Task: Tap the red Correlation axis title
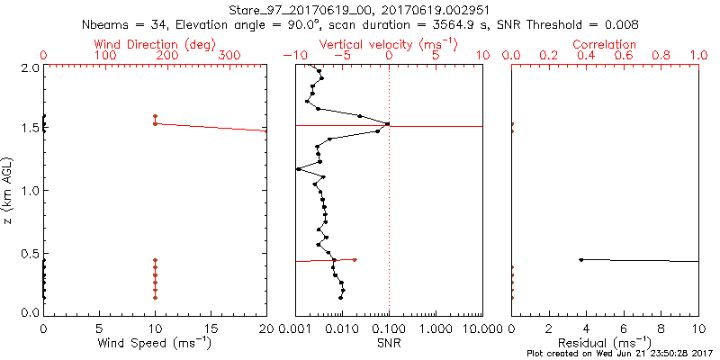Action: click(x=605, y=44)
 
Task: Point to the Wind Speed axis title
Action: click(x=156, y=342)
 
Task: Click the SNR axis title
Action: click(x=389, y=342)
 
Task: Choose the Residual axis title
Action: click(x=605, y=342)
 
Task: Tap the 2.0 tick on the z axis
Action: click(x=29, y=67)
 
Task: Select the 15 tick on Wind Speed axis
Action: click(x=211, y=328)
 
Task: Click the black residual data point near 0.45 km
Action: click(x=581, y=260)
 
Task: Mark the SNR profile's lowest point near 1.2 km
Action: click(x=298, y=168)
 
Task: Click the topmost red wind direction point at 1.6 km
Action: click(x=155, y=116)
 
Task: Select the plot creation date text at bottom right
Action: click(x=620, y=354)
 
